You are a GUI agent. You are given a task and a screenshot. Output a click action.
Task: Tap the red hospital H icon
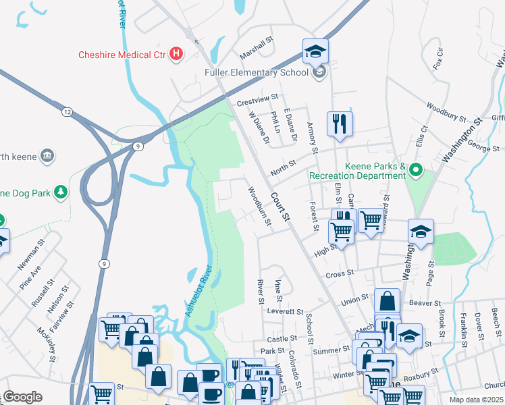[176, 53]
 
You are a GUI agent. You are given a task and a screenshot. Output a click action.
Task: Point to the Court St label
[280, 207]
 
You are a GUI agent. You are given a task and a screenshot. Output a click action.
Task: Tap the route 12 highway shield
[66, 111]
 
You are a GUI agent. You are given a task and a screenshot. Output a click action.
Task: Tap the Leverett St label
[285, 312]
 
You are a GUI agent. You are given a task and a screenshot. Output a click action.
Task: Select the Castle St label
[282, 339]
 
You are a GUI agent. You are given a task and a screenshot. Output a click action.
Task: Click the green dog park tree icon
[61, 192]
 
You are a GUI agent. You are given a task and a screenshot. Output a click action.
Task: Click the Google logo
[22, 397]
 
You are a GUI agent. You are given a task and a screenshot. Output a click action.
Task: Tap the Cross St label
[340, 273]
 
